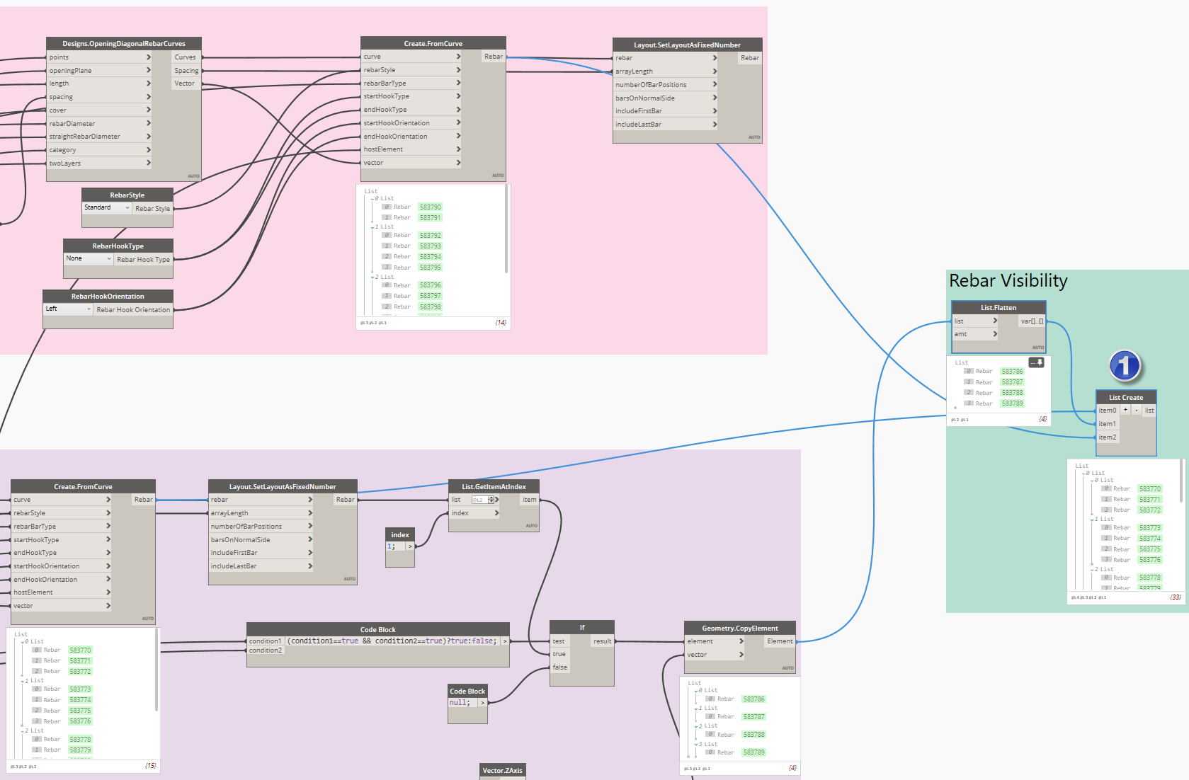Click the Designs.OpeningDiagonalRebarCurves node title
(x=124, y=44)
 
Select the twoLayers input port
(x=65, y=164)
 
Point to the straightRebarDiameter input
(x=85, y=137)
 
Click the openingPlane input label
(x=71, y=71)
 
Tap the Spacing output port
(x=186, y=71)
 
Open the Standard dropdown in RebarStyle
(x=107, y=208)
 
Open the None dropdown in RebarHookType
(x=89, y=259)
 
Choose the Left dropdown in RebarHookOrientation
(x=68, y=309)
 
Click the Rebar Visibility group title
(x=1008, y=281)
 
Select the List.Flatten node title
(x=998, y=308)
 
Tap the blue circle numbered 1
(x=1125, y=366)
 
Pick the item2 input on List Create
(x=1108, y=437)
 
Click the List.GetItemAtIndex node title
(x=494, y=487)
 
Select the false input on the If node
(x=560, y=667)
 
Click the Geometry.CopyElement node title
(x=739, y=629)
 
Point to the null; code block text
(x=460, y=703)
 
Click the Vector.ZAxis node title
(x=502, y=771)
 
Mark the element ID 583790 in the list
(x=430, y=207)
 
